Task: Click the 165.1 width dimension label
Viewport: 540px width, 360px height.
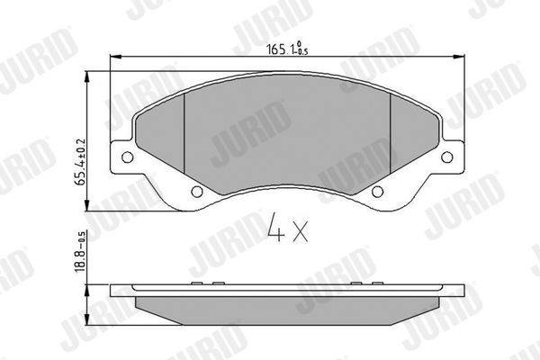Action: click(287, 49)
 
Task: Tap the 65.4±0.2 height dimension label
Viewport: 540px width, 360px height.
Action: click(80, 163)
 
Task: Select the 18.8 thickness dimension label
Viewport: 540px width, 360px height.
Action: click(80, 251)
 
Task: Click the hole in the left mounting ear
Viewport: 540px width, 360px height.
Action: click(128, 157)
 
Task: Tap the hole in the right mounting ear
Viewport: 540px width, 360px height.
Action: click(447, 157)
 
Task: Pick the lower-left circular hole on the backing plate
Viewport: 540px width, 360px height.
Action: click(196, 192)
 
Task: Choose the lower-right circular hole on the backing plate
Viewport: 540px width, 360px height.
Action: click(377, 192)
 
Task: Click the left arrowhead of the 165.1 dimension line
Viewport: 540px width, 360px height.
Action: click(115, 57)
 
